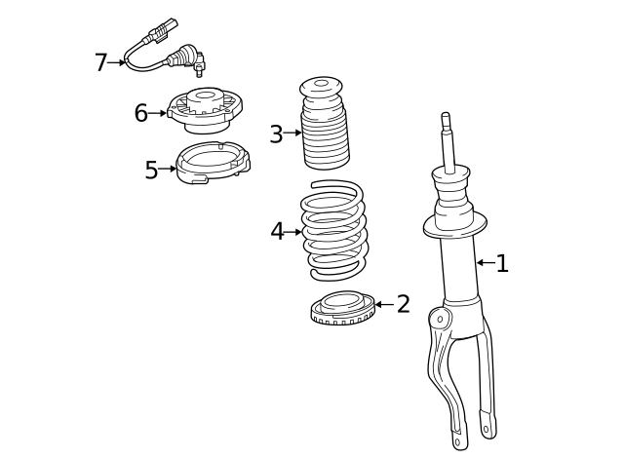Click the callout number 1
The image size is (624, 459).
[x=502, y=263]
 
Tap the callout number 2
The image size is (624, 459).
[x=403, y=304]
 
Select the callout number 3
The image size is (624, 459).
[x=276, y=134]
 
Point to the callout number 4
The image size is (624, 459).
[x=278, y=232]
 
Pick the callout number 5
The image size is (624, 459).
[x=151, y=171]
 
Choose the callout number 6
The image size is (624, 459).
[x=141, y=113]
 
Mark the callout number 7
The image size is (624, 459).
[x=100, y=63]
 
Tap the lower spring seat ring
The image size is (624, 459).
[x=341, y=309]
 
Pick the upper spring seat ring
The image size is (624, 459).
[x=212, y=162]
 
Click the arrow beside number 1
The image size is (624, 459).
[x=485, y=262]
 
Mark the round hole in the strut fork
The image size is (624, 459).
[x=440, y=319]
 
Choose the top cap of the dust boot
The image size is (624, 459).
[x=321, y=87]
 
